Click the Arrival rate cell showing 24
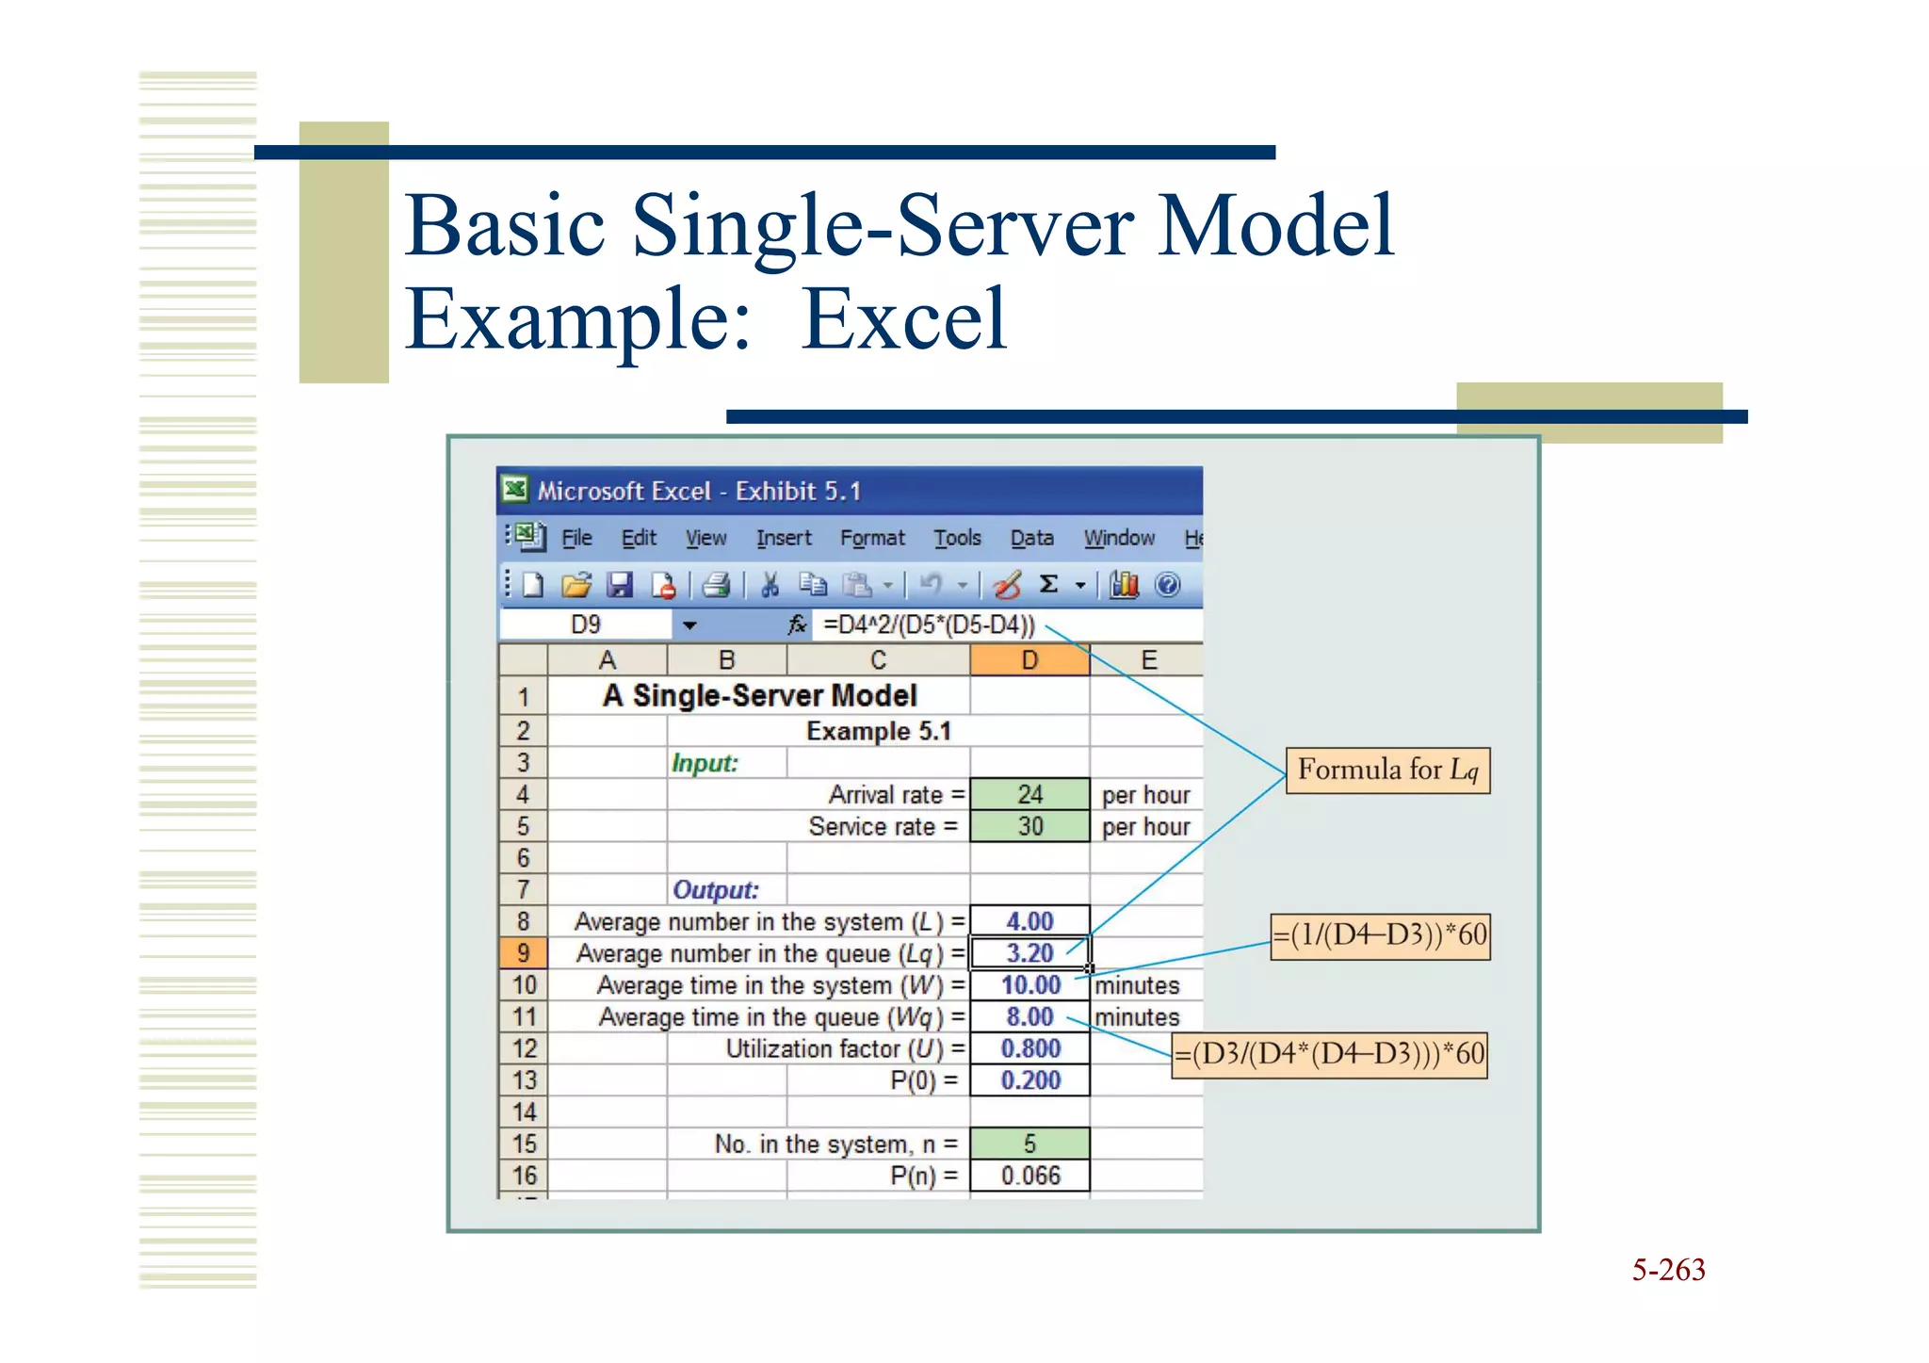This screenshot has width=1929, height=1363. click(x=1029, y=795)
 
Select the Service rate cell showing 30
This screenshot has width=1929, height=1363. click(x=1029, y=827)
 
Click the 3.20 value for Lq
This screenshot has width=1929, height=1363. click(x=1029, y=953)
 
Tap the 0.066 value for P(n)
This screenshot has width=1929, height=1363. click(x=1029, y=1176)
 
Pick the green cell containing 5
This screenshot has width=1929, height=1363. click(x=1029, y=1144)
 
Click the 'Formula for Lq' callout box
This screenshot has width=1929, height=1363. click(x=1387, y=771)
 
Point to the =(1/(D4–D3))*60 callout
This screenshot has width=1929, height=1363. click(x=1380, y=935)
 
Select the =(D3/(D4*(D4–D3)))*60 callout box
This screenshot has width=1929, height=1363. click(x=1329, y=1053)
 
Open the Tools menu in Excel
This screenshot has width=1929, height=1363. click(x=957, y=538)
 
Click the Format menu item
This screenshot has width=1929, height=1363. click(x=872, y=538)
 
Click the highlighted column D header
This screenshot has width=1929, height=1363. click(x=1029, y=660)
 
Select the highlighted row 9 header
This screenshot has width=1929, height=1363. click(x=523, y=953)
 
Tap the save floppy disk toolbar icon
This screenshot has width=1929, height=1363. click(x=619, y=586)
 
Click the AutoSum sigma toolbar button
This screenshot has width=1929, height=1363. click(x=1048, y=585)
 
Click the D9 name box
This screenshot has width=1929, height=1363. click(x=586, y=625)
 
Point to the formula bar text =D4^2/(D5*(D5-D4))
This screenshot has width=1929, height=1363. click(x=929, y=625)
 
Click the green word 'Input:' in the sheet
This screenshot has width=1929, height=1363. click(x=705, y=763)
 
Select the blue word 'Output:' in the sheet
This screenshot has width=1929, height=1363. click(x=715, y=890)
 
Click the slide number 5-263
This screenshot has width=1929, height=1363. click(x=1668, y=1270)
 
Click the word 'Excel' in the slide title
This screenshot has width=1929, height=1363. click(x=903, y=320)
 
